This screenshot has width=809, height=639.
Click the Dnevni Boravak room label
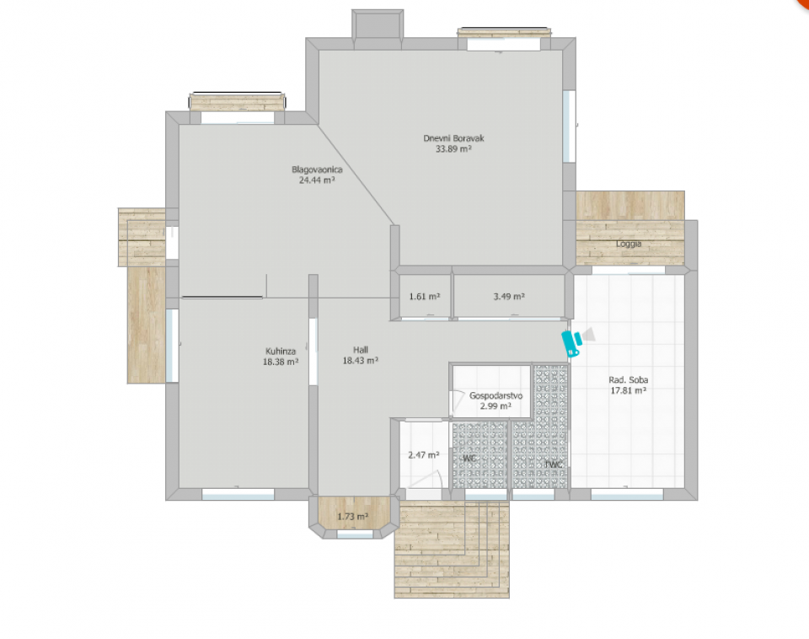453,138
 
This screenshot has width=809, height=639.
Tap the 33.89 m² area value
453,149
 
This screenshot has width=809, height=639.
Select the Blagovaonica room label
317,169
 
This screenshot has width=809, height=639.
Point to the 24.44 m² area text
317,180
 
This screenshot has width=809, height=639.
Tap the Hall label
360,350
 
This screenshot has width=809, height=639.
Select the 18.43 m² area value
360,361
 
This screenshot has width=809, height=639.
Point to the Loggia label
629,244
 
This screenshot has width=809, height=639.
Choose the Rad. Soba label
628,379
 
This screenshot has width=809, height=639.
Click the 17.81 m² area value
628,390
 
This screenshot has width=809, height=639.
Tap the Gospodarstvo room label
496,395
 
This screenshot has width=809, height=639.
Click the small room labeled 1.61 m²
425,297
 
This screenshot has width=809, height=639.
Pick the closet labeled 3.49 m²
509,297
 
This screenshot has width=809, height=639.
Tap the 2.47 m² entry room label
424,455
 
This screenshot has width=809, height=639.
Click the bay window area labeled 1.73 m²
352,516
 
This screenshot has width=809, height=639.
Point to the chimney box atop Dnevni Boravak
378,24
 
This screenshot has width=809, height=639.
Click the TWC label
554,464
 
